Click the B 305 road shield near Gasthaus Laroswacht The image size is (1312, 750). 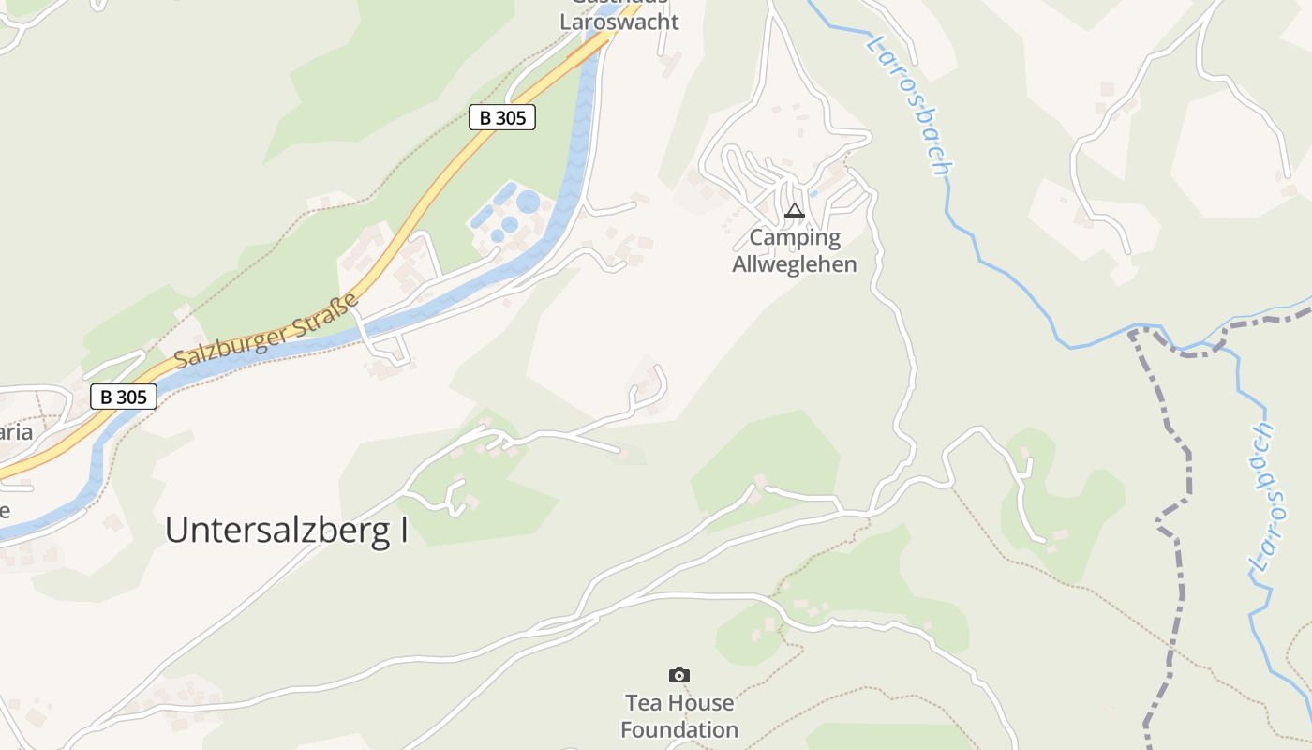(501, 117)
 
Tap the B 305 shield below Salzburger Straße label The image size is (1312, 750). (123, 397)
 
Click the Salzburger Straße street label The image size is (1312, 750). (267, 331)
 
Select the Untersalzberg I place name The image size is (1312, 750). (287, 531)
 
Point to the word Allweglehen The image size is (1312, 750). (794, 264)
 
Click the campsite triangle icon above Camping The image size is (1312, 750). (795, 211)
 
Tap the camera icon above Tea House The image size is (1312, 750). (679, 675)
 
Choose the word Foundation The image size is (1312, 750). (679, 729)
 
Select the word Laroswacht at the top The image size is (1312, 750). (619, 22)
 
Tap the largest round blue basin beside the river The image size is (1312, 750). (529, 202)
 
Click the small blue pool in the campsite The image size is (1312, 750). (813, 194)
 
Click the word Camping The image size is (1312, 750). (795, 238)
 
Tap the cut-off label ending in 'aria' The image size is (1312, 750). (16, 432)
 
